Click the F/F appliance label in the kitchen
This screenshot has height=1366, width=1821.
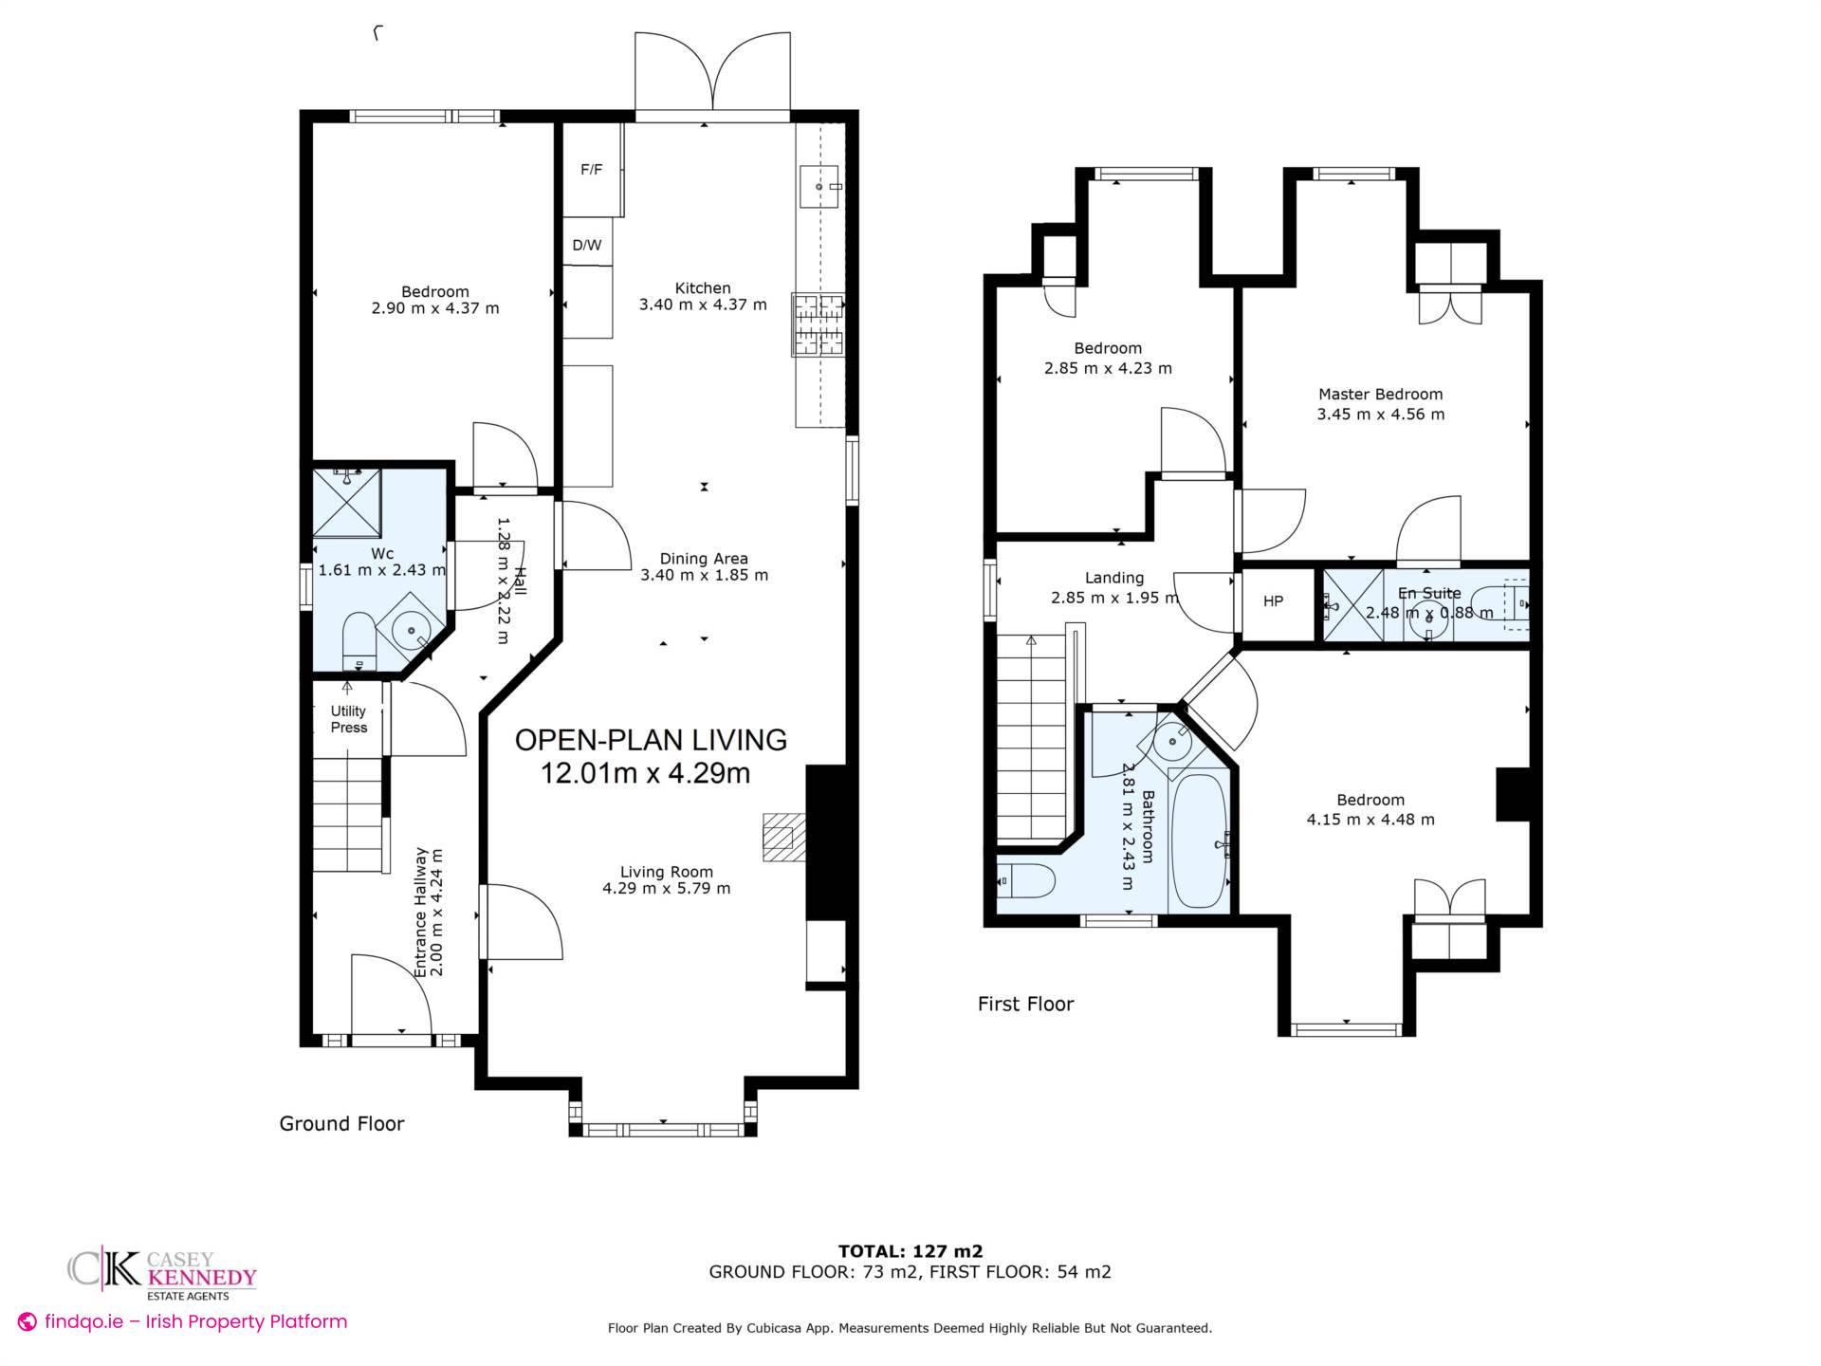click(591, 170)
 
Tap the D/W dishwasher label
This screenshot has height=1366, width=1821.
click(587, 245)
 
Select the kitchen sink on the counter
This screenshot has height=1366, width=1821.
click(819, 186)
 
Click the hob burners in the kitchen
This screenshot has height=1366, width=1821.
click(819, 325)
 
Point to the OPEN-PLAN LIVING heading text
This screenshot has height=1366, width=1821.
click(651, 740)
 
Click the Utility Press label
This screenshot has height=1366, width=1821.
click(348, 719)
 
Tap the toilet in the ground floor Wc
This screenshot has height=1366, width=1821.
click(359, 640)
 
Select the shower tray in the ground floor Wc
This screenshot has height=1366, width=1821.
click(347, 502)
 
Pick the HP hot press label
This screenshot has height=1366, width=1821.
click(1273, 601)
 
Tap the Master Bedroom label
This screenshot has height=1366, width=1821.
click(1380, 394)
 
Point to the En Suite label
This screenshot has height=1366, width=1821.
click(1429, 593)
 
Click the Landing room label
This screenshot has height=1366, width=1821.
click(1114, 578)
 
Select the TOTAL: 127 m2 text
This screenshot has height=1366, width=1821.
click(910, 1251)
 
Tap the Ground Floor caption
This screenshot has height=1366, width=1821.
click(341, 1124)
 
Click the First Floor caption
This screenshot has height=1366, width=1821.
click(1025, 1005)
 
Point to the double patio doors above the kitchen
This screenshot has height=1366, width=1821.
click(712, 74)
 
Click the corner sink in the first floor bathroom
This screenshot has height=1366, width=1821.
click(1172, 741)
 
